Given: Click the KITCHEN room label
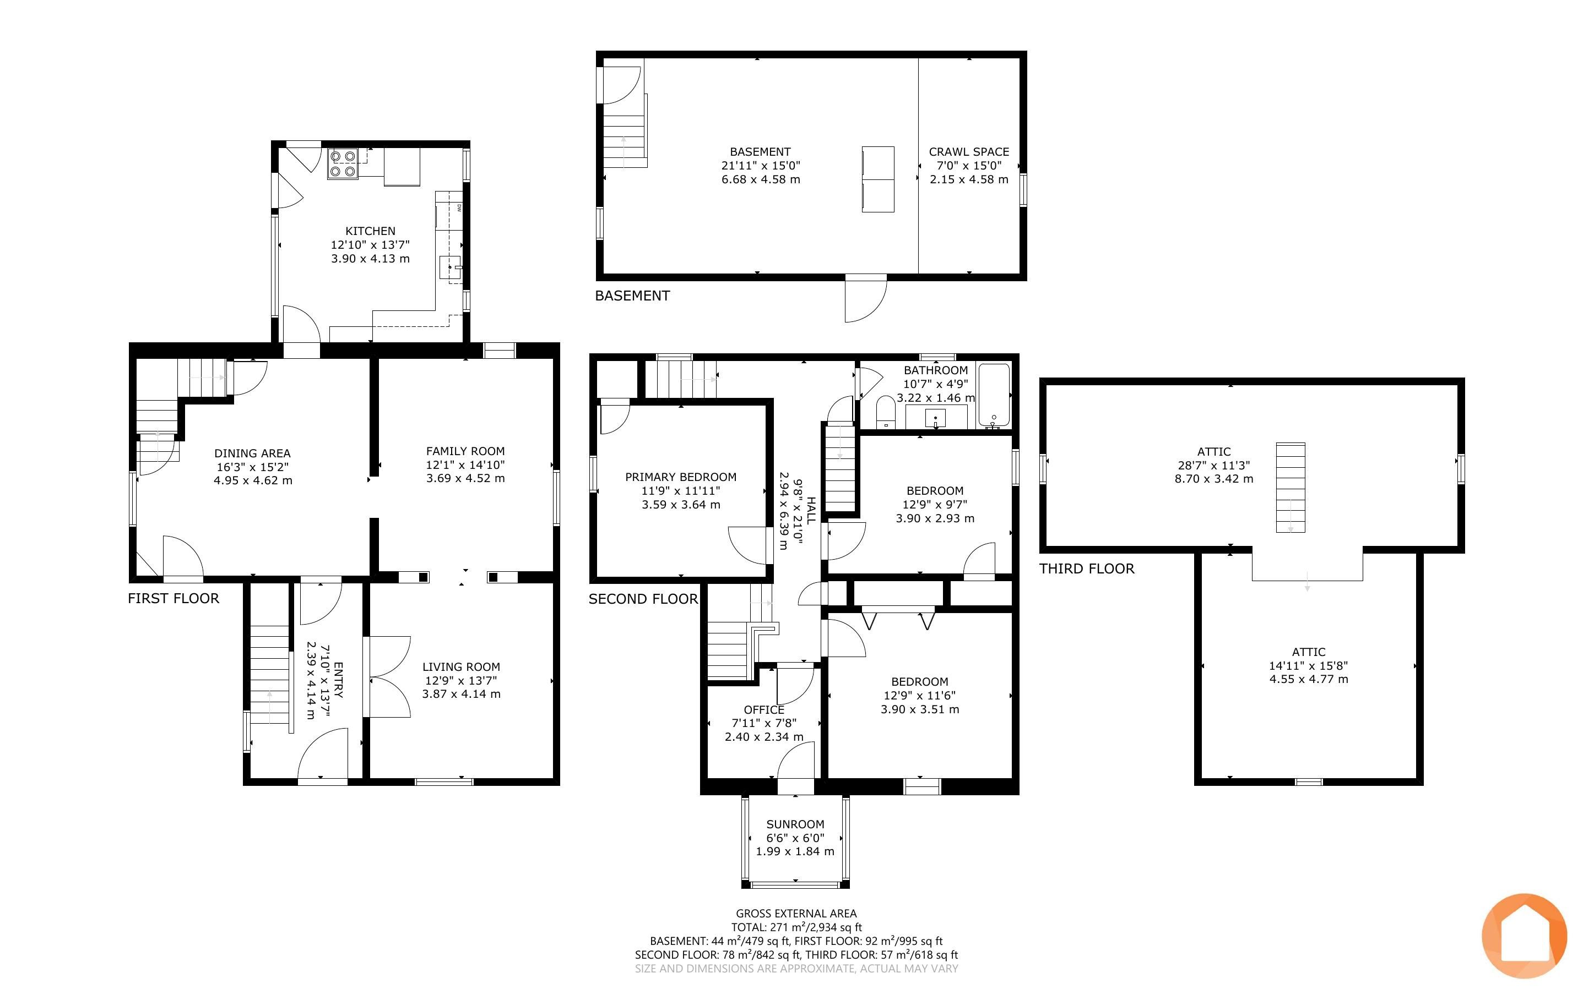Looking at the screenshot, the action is [x=370, y=231].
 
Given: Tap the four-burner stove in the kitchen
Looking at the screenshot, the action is [x=343, y=164].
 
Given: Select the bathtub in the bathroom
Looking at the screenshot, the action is [x=994, y=395].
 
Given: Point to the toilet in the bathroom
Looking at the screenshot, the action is [x=886, y=412].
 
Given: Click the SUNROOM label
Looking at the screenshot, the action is [x=795, y=824].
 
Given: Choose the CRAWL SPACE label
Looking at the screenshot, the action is [x=968, y=152].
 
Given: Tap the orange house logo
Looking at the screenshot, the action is [x=1524, y=936].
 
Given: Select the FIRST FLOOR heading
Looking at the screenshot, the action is [x=173, y=598].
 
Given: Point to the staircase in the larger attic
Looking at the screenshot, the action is [x=1291, y=488].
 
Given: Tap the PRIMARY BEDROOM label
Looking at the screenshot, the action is [x=681, y=477].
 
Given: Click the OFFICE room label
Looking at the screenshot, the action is [x=764, y=710].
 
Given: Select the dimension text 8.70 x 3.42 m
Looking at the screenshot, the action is [x=1213, y=479].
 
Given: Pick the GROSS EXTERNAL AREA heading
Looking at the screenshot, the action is [x=796, y=914].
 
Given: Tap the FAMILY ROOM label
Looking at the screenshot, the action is [x=465, y=451].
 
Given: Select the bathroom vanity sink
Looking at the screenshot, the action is [x=935, y=417].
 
